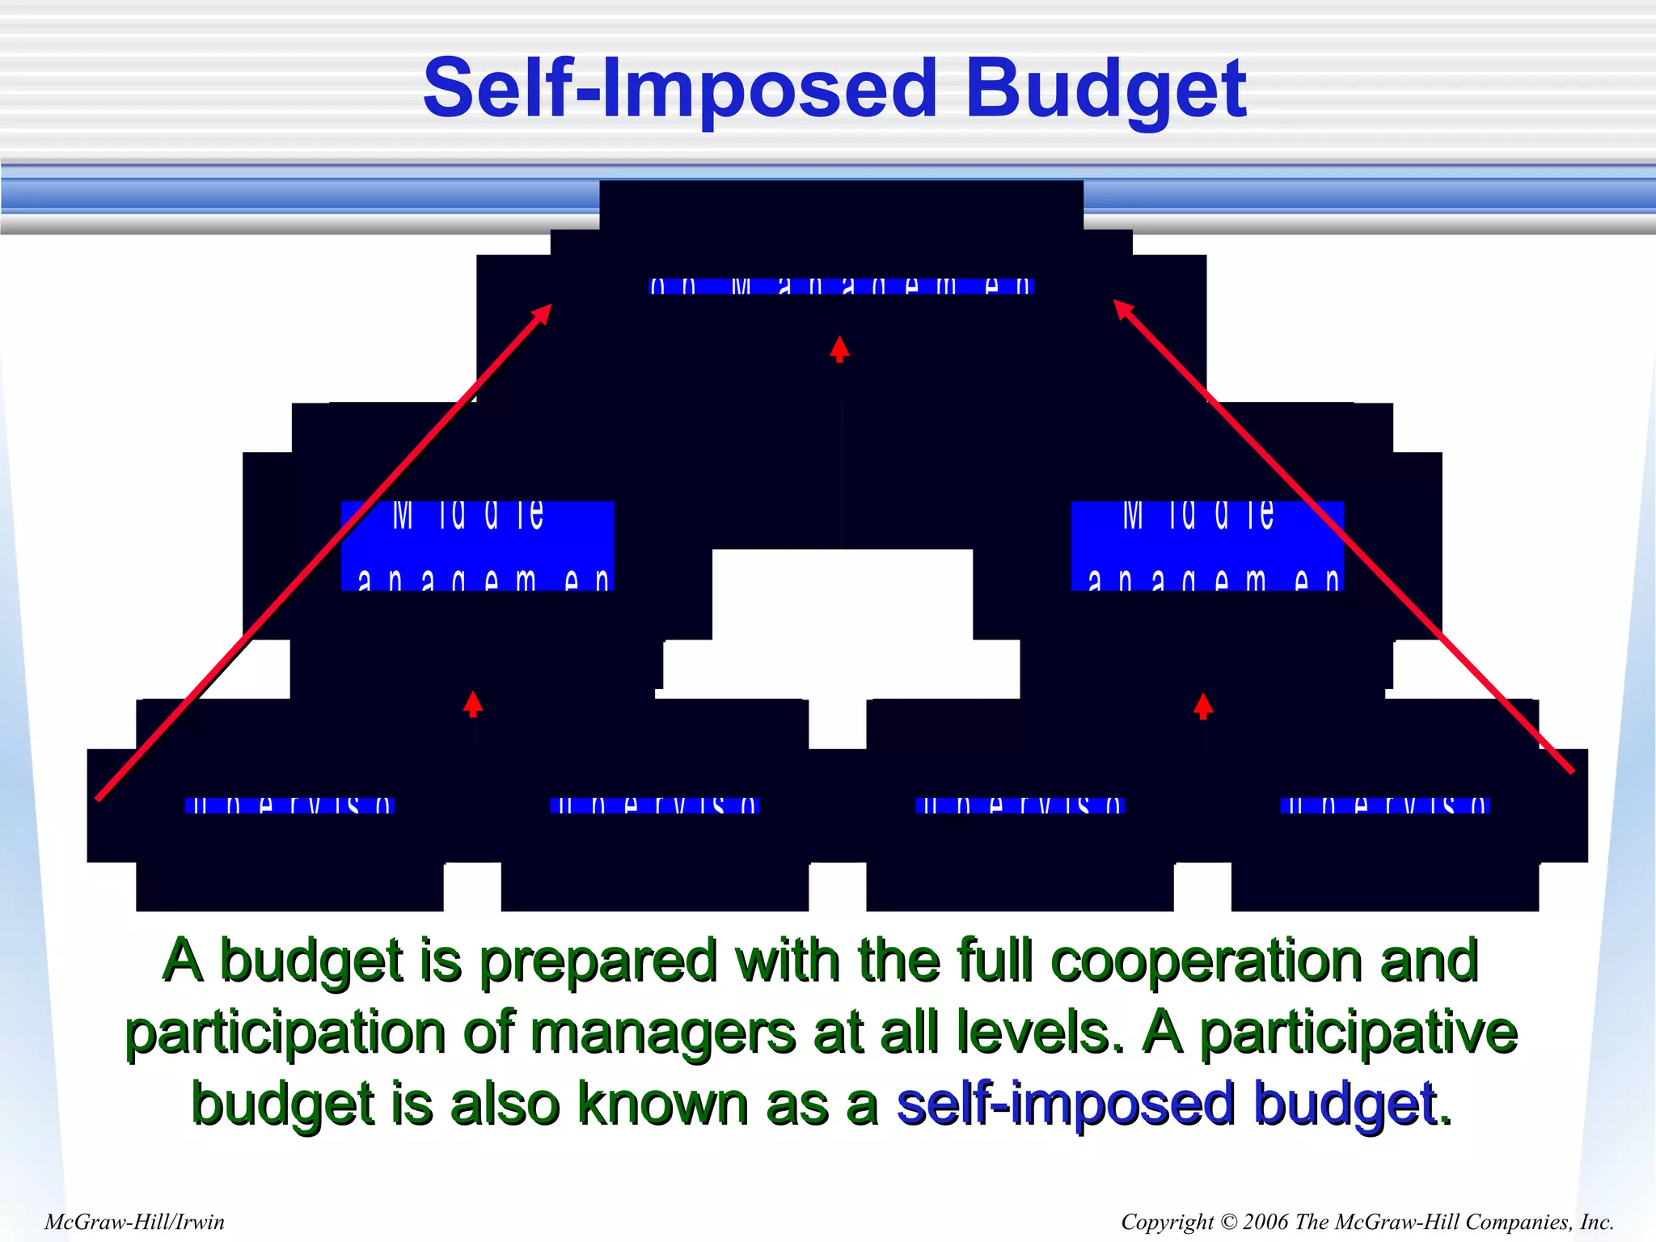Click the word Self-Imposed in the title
click(679, 89)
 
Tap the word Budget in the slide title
click(1105, 91)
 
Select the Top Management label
click(842, 286)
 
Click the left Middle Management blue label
click(477, 546)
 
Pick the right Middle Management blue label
click(1207, 546)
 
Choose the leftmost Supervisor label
click(289, 805)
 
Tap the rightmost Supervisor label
click(1385, 805)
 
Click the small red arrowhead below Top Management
click(839, 348)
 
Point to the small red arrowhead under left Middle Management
click(473, 703)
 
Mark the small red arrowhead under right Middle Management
click(1203, 704)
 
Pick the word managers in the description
click(663, 1033)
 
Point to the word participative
click(1358, 1033)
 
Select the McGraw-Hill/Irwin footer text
click(134, 1222)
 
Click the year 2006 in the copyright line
click(1265, 1222)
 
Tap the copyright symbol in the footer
click(1228, 1222)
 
